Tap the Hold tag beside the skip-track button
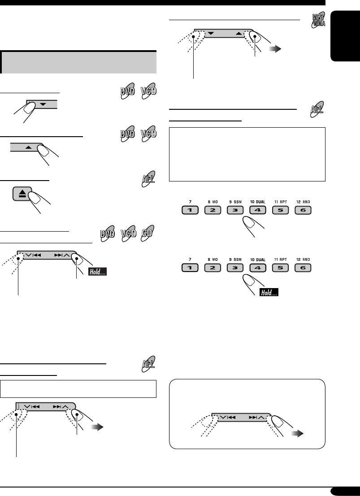click(97, 272)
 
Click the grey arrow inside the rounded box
click(296, 434)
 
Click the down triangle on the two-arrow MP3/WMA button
click(211, 33)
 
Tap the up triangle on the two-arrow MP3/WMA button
click(239, 33)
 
